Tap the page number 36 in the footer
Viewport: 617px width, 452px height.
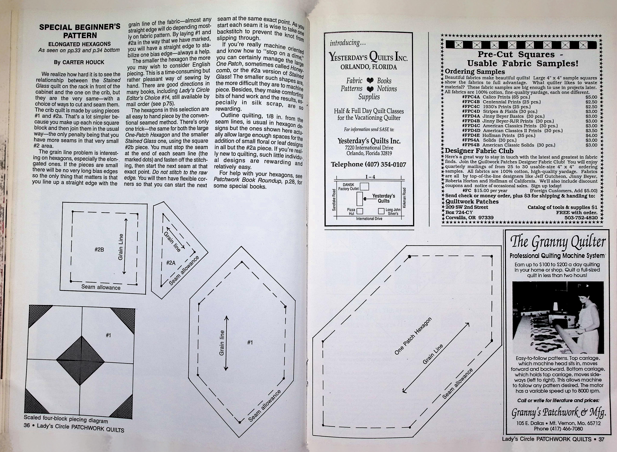(x=27, y=425)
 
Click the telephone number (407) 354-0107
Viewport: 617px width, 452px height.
(x=368, y=164)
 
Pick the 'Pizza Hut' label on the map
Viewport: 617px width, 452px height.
(x=351, y=212)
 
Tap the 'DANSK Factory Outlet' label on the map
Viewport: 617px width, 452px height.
(x=348, y=187)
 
